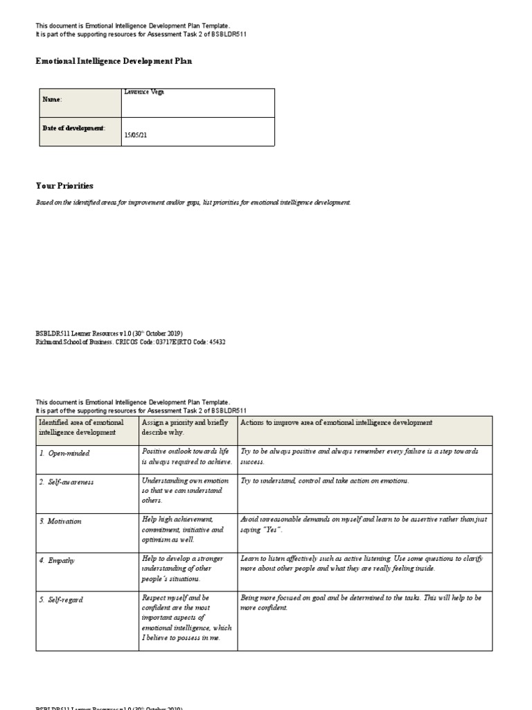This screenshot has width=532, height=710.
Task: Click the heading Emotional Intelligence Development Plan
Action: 114,61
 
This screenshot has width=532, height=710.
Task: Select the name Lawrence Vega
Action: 144,92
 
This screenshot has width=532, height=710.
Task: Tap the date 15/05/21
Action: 135,135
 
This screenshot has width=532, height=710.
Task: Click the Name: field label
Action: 52,100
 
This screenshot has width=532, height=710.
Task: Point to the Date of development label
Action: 74,128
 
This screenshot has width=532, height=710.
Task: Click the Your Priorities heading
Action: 64,186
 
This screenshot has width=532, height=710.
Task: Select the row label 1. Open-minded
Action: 64,453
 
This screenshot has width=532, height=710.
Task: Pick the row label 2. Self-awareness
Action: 66,482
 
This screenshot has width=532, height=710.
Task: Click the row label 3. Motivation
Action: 60,521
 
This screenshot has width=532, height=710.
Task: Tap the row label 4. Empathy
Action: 57,561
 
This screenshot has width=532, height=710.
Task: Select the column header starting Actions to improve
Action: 336,422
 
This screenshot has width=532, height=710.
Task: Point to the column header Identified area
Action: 81,427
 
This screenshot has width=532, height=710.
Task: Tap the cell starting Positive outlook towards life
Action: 187,456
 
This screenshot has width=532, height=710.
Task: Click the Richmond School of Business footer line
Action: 130,342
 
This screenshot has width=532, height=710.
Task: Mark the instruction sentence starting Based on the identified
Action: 193,202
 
